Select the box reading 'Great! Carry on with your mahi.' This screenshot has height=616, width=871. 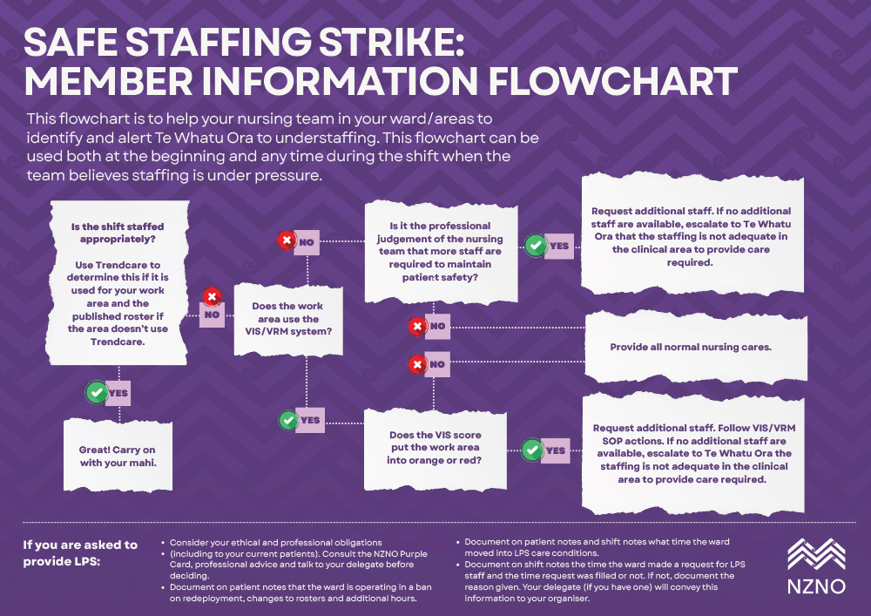(x=118, y=456)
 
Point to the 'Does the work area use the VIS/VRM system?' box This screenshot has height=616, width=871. (x=287, y=319)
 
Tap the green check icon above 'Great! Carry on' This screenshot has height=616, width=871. (x=95, y=393)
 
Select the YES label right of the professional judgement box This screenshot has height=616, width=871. (x=558, y=246)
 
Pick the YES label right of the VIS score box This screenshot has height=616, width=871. (x=555, y=451)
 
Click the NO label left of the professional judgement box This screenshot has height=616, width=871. (x=306, y=241)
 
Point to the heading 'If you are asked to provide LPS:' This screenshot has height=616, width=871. (x=80, y=552)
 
